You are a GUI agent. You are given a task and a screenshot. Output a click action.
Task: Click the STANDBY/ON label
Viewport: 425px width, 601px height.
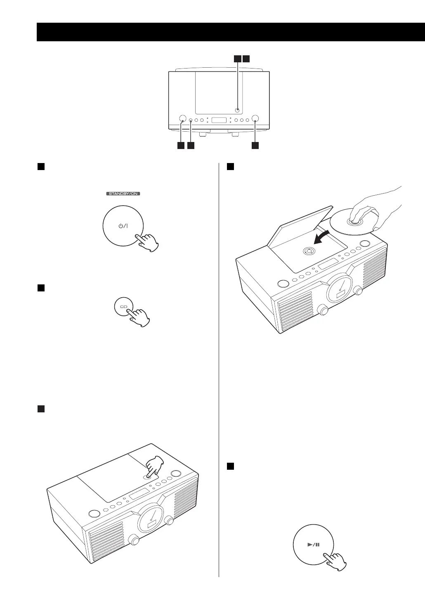[x=123, y=194]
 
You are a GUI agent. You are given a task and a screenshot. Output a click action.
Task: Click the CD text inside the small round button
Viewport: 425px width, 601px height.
[x=123, y=307]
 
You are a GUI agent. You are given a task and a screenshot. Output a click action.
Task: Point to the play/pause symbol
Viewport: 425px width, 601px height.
[x=313, y=544]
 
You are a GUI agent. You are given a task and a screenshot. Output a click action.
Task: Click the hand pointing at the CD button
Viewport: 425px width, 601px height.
[x=139, y=316]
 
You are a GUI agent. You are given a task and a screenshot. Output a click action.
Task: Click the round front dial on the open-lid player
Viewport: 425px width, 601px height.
[x=339, y=289]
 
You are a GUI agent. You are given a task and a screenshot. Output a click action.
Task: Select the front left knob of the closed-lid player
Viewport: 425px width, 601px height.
[x=134, y=540]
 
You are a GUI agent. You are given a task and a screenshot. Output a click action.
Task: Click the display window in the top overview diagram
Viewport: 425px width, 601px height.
[x=219, y=121]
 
